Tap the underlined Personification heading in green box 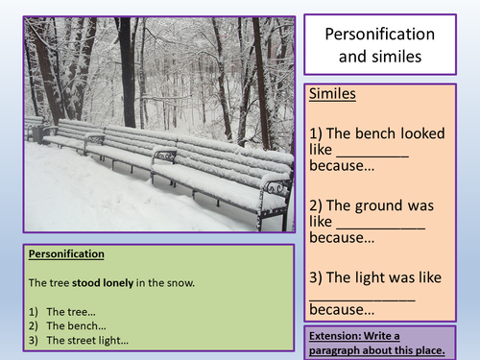pos(66,254)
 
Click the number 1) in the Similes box pos(318,133)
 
